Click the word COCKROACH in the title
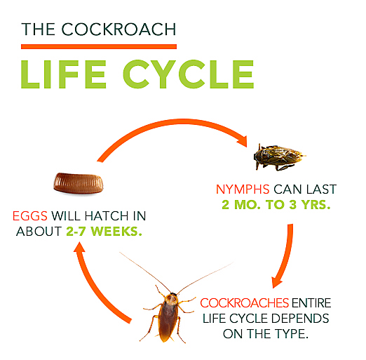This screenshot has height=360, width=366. pyautogui.click(x=118, y=29)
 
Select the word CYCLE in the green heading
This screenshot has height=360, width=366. pyautogui.click(x=189, y=74)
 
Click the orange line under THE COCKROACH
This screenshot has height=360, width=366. pyautogui.click(x=99, y=46)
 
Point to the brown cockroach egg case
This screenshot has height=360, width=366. pyautogui.click(x=79, y=183)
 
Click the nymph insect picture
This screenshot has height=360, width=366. pyautogui.click(x=279, y=156)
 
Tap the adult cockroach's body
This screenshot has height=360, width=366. pyautogui.click(x=168, y=316)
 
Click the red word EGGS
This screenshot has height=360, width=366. pyautogui.click(x=30, y=216)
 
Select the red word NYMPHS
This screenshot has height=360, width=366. pyautogui.click(x=243, y=189)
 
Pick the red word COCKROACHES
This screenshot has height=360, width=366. pyautogui.click(x=245, y=303)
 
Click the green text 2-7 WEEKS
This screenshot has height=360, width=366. pyautogui.click(x=104, y=232)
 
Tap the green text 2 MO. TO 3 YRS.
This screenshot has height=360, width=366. pyautogui.click(x=276, y=205)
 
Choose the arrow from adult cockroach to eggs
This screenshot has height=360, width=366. pyautogui.click(x=93, y=290)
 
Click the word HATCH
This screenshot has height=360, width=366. pyautogui.click(x=107, y=216)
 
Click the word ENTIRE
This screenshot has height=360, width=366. pyautogui.click(x=311, y=303)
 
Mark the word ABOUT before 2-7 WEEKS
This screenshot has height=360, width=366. pyautogui.click(x=39, y=232)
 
